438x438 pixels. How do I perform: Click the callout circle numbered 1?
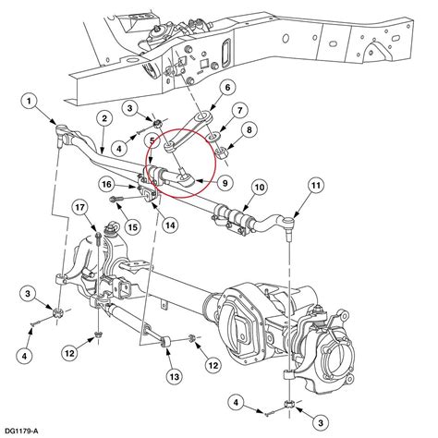point(29,102)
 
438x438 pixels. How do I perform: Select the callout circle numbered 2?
point(104,118)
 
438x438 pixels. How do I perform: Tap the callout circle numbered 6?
point(227,88)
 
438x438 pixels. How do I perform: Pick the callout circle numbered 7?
point(240,110)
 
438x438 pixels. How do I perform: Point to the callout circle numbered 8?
point(249,129)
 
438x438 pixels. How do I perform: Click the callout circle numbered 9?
point(225,183)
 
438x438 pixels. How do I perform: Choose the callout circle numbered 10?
point(260,188)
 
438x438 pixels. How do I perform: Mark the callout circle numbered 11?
point(316,186)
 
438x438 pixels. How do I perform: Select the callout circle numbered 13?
point(175,376)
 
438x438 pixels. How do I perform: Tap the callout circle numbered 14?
point(170,225)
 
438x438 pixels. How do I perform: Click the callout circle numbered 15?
point(132,227)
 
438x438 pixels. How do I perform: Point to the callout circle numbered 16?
point(107,185)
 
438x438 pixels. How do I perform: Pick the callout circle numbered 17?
point(79,207)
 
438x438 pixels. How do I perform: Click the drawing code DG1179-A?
point(21,431)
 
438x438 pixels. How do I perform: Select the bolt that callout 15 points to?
point(117,200)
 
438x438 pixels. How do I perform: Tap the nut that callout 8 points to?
point(223,152)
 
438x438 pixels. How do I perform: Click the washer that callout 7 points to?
point(213,136)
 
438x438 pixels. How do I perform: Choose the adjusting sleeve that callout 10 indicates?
point(233,217)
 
